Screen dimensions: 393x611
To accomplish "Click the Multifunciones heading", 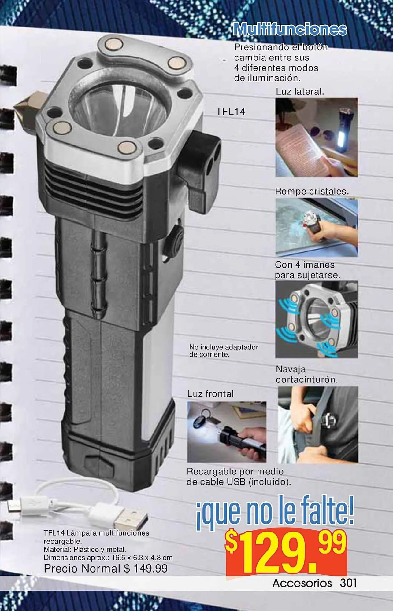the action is coord(290,29).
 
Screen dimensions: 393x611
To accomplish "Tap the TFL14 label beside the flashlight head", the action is coord(231,112).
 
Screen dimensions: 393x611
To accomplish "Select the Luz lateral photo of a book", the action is coord(317,137).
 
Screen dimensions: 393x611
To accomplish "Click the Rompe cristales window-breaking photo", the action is coord(317,228).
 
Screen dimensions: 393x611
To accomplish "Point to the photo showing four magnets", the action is coord(317,319).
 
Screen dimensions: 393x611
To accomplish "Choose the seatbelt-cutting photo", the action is coord(318,429).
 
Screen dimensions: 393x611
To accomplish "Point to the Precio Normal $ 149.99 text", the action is coord(106,569).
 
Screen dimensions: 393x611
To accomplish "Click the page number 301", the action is coord(348,583).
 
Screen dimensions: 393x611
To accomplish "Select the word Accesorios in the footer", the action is coord(302,583).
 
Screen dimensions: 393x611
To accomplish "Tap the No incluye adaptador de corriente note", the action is coord(224,351).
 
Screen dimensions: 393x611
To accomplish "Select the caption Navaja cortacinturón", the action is coord(307,375).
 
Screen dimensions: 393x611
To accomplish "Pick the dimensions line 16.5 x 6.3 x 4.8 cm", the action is coord(108,558).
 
